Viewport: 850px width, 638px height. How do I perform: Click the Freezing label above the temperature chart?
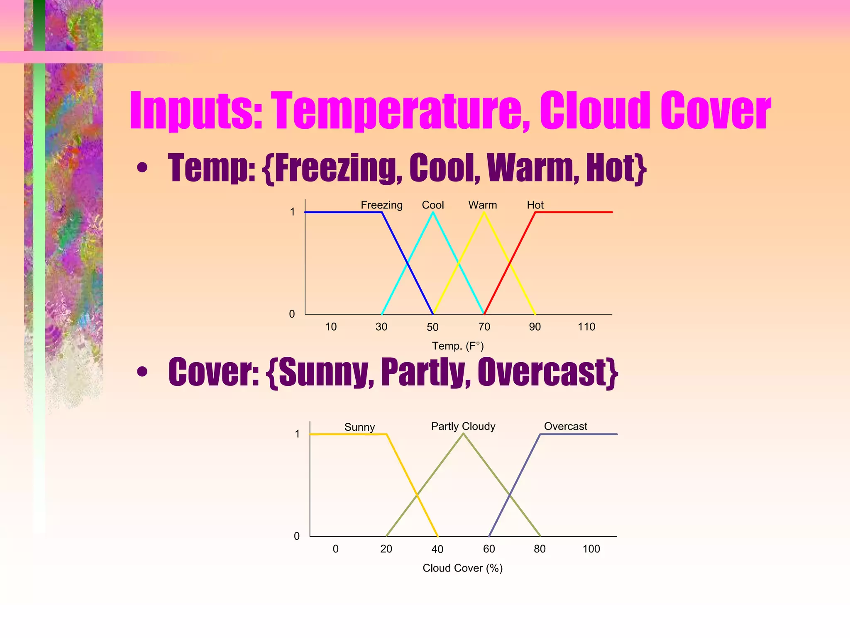coord(381,205)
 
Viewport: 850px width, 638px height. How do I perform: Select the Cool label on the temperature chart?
coord(432,205)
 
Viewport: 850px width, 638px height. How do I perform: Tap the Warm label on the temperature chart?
coord(482,205)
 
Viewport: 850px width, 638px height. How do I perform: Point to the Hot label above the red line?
coord(535,205)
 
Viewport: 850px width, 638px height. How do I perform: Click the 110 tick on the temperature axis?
coord(586,327)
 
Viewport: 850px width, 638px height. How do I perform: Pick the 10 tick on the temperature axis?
coord(331,327)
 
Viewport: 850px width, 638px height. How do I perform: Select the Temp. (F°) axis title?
coord(458,346)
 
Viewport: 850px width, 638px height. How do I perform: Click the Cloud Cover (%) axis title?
coord(462,568)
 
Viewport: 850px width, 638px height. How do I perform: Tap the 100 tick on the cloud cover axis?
coord(591,549)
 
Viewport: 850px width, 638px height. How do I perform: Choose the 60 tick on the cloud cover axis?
coord(489,549)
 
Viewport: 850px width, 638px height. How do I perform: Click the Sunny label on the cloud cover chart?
coord(359,427)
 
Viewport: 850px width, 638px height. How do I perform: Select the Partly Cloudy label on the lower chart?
coord(463,426)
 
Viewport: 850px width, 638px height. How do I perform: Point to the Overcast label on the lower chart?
coord(565,426)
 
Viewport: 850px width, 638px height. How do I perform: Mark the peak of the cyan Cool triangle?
coord(433,213)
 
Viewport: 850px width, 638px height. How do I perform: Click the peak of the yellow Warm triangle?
coord(484,213)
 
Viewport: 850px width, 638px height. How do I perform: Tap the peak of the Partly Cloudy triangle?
coord(463,434)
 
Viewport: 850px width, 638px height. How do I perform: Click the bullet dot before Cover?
coord(142,372)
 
